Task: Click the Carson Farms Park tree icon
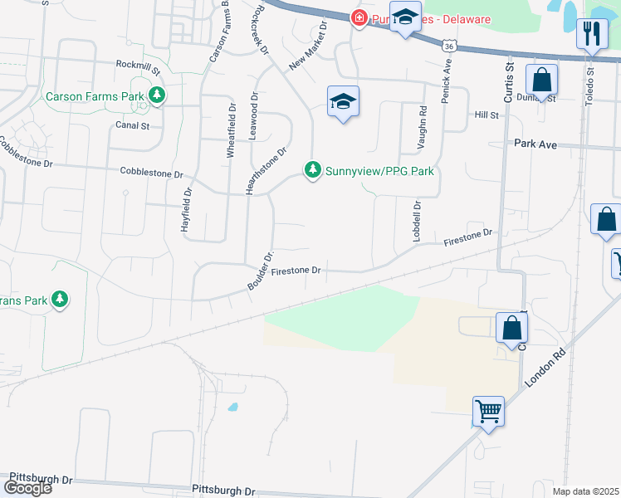coord(156,96)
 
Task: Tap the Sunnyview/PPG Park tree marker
coord(313,170)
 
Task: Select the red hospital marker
coord(359,18)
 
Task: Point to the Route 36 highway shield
coord(449,47)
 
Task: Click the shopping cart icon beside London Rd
coord(487,411)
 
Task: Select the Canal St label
coord(133,126)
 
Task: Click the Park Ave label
coord(535,144)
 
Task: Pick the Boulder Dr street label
coord(259,271)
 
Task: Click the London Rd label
coord(545,364)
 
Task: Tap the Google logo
coord(27,487)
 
